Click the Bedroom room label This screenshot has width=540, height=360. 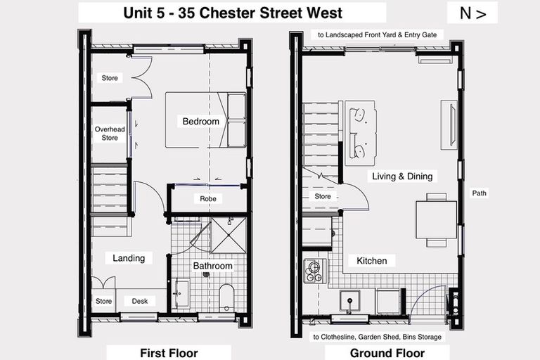click(200, 121)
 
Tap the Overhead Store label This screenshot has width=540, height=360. click(110, 134)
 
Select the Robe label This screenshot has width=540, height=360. click(208, 199)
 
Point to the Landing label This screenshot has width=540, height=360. click(129, 258)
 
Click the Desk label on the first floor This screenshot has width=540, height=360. click(139, 301)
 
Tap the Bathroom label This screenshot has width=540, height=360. click(212, 266)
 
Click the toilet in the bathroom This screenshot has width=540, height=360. click(226, 298)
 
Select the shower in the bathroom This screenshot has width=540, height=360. click(229, 234)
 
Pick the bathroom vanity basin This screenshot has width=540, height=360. click(181, 293)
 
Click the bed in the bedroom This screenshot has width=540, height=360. click(205, 120)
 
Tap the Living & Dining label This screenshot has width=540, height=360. click(402, 176)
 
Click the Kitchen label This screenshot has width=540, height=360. click(371, 261)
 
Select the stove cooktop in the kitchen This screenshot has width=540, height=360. click(314, 270)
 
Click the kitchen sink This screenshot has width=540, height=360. click(349, 301)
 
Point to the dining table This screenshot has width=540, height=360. click(436, 219)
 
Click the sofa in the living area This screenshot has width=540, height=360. click(359, 133)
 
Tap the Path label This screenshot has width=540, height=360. click(480, 193)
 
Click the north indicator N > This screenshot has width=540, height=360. click(472, 13)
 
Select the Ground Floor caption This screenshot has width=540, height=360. click(387, 353)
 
